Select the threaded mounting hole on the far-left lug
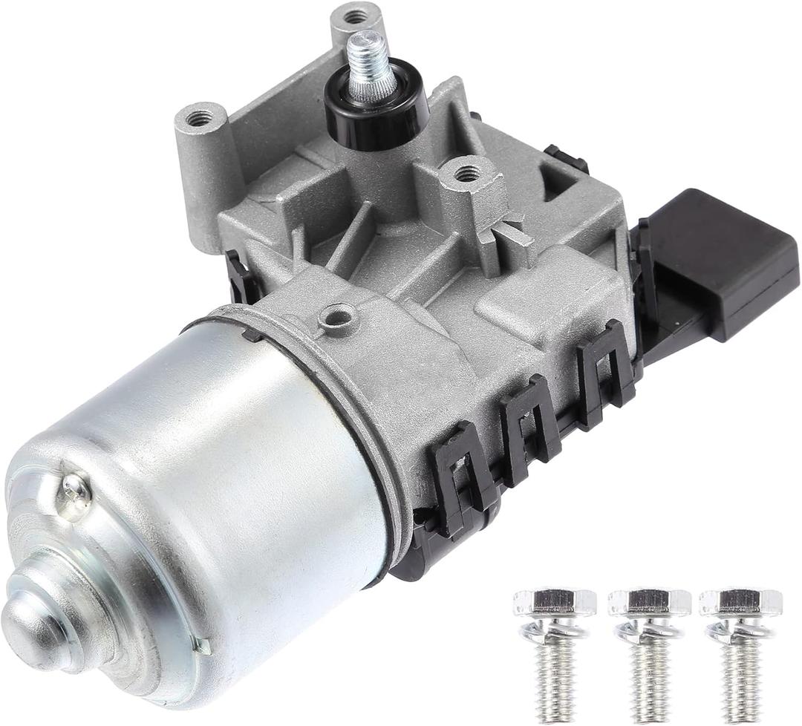[x=198, y=117]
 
